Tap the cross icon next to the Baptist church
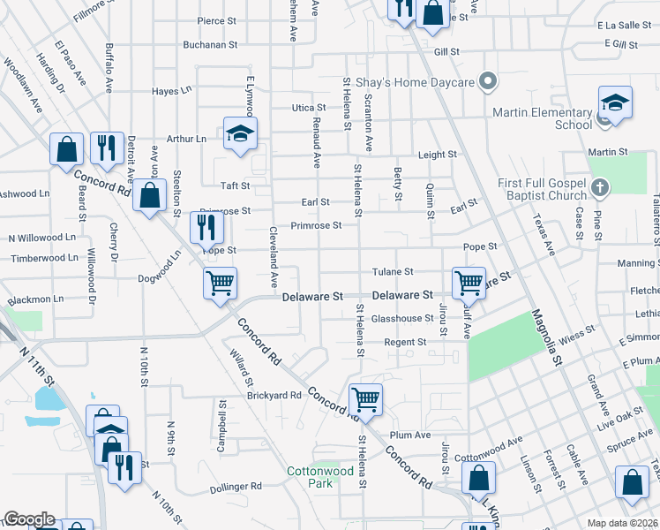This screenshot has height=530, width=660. [x=600, y=187]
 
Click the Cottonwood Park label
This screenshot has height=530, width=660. [x=320, y=477]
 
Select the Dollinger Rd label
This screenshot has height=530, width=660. [x=236, y=487]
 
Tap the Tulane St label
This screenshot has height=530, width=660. [x=393, y=272]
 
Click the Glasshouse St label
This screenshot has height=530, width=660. [x=401, y=320]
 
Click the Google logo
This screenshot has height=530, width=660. [x=29, y=519]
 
